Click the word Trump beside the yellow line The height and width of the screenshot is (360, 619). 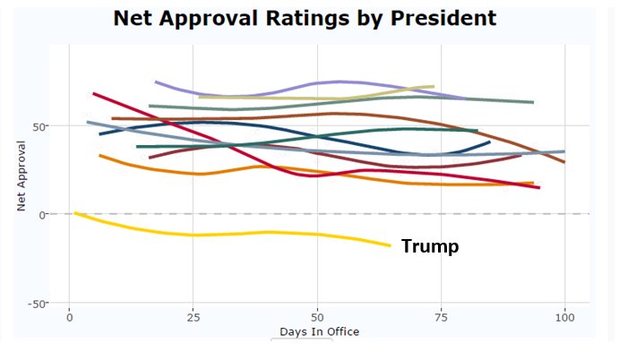(x=429, y=246)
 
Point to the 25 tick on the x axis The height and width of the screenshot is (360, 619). (x=193, y=318)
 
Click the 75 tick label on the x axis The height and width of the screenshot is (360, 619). (x=440, y=318)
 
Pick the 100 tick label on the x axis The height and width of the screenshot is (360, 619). (x=564, y=318)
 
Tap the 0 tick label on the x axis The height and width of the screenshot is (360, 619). (x=69, y=318)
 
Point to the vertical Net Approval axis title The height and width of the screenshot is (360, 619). (x=21, y=179)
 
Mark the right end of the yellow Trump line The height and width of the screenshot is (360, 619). (x=391, y=245)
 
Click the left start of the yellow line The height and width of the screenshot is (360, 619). (x=75, y=213)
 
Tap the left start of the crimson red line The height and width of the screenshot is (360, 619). (x=93, y=93)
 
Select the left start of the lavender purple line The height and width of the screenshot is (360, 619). (x=156, y=81)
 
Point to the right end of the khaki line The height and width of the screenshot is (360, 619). (x=434, y=87)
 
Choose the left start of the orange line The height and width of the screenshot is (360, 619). (x=99, y=156)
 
